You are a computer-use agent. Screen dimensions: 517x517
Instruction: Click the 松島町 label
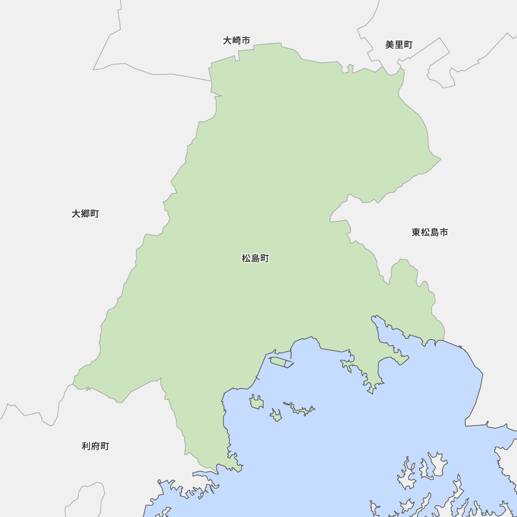(255, 258)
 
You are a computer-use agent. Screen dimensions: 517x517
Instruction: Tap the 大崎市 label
(237, 40)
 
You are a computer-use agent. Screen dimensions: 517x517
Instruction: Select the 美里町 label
(399, 44)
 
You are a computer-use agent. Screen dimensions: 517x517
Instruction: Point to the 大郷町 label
(85, 214)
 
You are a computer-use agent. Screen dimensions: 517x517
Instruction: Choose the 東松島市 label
(430, 232)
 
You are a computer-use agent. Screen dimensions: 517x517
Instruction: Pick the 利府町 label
(96, 446)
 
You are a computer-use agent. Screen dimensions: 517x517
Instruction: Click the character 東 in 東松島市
(416, 232)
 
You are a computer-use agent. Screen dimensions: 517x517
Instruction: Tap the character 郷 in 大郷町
(85, 214)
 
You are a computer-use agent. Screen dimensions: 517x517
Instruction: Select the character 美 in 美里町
(390, 44)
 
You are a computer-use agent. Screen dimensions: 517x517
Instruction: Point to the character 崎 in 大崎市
(237, 40)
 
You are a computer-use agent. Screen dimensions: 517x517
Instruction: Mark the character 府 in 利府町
(96, 446)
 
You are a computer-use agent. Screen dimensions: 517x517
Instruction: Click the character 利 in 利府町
(86, 446)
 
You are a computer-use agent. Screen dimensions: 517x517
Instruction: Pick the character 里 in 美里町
(399, 44)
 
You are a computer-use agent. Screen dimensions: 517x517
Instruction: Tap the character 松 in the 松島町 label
(246, 258)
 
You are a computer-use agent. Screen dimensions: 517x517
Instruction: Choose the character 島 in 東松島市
(434, 232)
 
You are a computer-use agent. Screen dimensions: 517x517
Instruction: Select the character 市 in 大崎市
(246, 40)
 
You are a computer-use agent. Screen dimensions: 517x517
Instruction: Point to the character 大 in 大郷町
(76, 214)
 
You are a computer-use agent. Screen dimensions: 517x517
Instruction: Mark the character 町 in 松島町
(265, 258)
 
